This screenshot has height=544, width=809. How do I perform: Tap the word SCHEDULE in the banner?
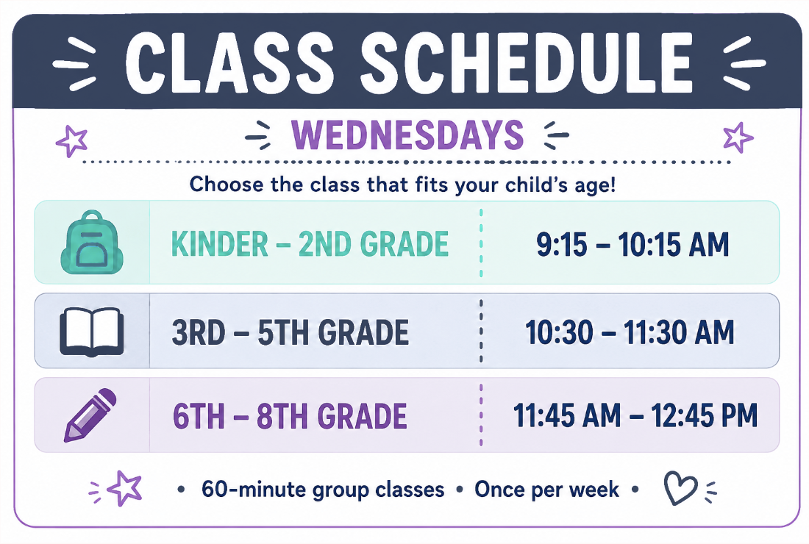click(x=527, y=63)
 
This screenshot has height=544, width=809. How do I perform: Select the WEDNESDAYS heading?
click(x=407, y=135)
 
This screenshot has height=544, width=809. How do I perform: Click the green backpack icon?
click(x=92, y=242)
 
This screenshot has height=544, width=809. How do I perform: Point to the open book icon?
click(x=92, y=332)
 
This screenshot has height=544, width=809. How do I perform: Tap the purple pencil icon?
click(x=90, y=415)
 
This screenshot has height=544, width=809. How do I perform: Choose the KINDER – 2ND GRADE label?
click(x=310, y=244)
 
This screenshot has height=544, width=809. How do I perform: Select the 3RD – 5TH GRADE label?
click(x=291, y=332)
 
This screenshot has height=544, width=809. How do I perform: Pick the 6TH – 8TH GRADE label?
click(x=290, y=416)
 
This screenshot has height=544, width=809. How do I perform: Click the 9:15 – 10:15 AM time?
click(x=632, y=244)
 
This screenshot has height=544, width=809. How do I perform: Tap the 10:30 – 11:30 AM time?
click(x=630, y=332)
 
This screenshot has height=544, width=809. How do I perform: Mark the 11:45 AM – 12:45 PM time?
click(x=635, y=415)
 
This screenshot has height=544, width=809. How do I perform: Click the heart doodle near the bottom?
click(x=680, y=488)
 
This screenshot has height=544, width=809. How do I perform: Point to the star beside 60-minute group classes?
click(x=124, y=488)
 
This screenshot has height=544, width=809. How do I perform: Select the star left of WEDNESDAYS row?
click(x=72, y=140)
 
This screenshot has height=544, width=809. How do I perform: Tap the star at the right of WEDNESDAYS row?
click(x=738, y=137)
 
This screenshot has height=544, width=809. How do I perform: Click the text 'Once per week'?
click(x=547, y=490)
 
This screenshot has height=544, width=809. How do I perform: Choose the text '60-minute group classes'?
click(x=323, y=490)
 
